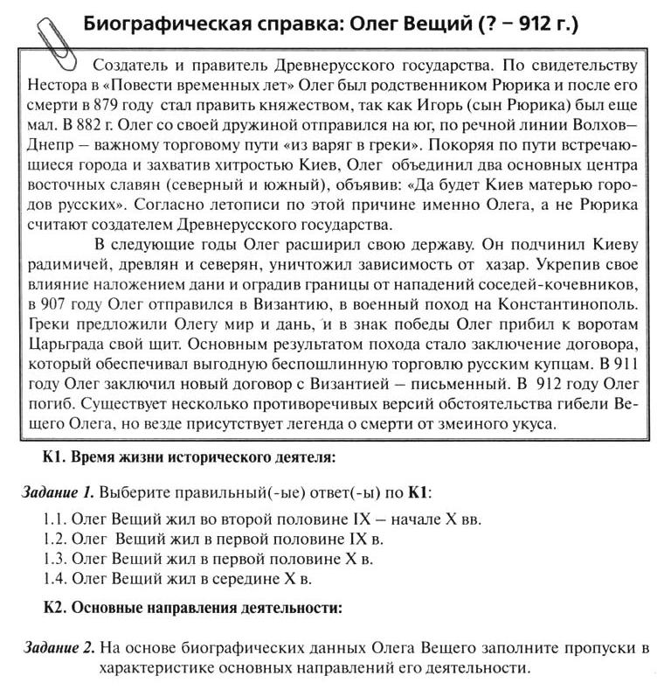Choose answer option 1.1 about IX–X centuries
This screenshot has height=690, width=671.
coord(262,518)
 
